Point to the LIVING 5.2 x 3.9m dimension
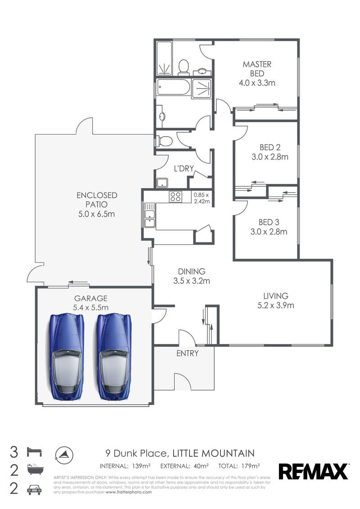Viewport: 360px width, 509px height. [275, 306]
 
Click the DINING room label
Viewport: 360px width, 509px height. [191, 272]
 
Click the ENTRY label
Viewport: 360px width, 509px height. [187, 353]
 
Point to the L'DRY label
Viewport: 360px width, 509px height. [184, 169]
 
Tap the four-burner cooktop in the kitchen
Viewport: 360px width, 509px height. [175, 196]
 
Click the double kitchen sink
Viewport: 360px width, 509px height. [149, 215]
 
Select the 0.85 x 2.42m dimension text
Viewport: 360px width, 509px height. [202, 198]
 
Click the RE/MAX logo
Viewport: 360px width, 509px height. [314, 471]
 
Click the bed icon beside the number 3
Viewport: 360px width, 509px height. [34, 451]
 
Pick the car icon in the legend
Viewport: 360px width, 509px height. [34, 489]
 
